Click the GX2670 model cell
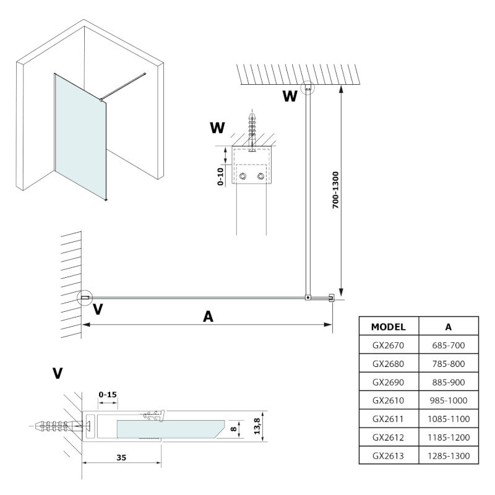coord(388,345)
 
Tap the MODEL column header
coord(388,326)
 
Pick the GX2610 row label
coord(388,400)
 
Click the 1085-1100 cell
coord(449,419)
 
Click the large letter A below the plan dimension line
coord(209,316)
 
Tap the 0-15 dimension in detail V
coord(108,394)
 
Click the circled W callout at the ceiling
coord(308,87)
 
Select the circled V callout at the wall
coord(85,298)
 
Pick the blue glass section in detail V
coord(167,428)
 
